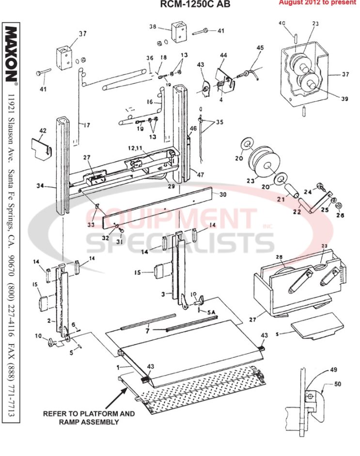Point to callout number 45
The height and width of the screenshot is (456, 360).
[x=260, y=48]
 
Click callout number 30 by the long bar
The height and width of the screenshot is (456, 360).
[x=223, y=194]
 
